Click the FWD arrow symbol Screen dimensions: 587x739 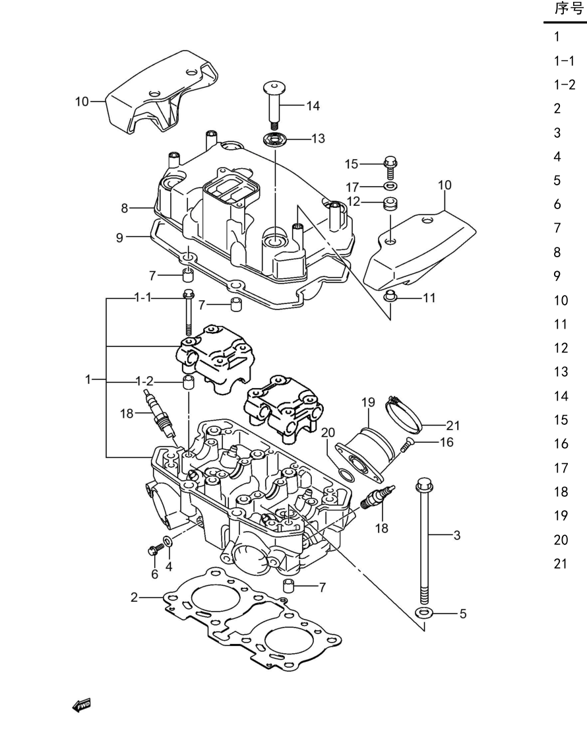coord(81,705)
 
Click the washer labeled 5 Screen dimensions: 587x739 coord(424,613)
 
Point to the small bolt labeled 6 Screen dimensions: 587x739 coord(156,549)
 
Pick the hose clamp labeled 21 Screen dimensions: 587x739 coord(404,415)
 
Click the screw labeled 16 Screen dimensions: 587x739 coord(406,445)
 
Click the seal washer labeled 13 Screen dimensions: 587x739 coord(274,140)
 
